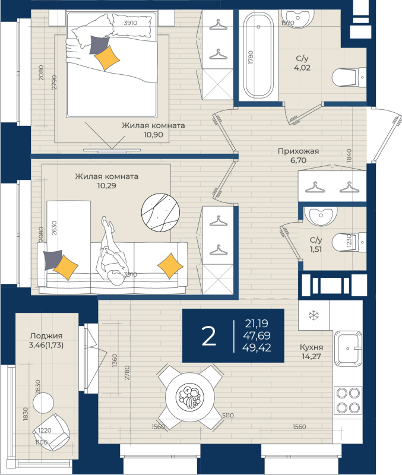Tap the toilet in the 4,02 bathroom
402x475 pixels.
click(349, 77)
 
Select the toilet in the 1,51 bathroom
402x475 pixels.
click(349, 242)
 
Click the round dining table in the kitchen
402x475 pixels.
click(190, 397)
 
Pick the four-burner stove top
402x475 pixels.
click(348, 400)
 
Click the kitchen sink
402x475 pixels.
click(348, 348)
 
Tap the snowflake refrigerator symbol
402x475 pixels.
click(314, 315)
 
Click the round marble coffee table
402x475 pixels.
click(160, 213)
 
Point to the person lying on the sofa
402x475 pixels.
click(112, 251)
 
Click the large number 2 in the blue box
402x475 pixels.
click(209, 335)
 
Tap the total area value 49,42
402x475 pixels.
click(257, 348)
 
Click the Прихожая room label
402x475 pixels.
click(299, 151)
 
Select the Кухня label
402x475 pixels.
click(311, 347)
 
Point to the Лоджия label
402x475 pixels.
click(46, 336)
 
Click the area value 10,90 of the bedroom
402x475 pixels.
click(153, 135)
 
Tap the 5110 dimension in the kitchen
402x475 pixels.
click(228, 415)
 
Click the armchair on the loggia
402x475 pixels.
click(52, 432)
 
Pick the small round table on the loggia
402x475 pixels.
click(43, 403)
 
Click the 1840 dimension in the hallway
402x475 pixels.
click(349, 156)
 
